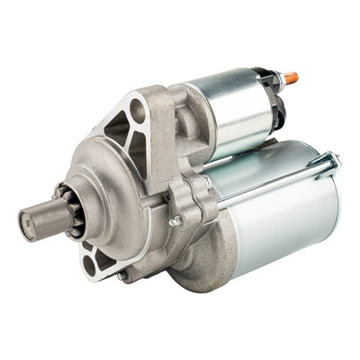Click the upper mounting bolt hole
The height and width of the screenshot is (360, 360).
pyautogui.click(x=137, y=110)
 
